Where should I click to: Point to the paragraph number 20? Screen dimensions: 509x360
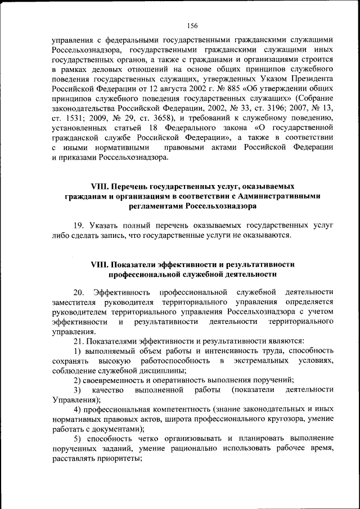tap(79, 292)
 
